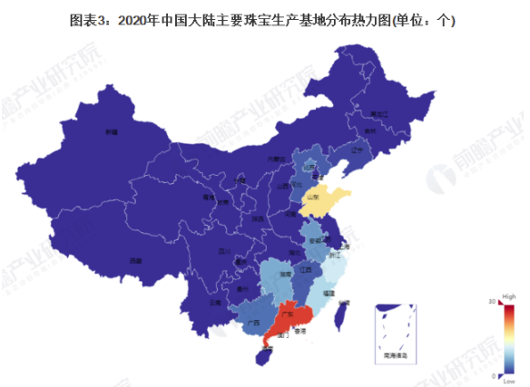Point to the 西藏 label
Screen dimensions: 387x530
pyautogui.click(x=135, y=260)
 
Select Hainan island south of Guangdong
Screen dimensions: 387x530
pyautogui.click(x=264, y=357)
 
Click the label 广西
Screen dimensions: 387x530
pyautogui.click(x=253, y=323)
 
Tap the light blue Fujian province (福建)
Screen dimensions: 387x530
pyautogui.click(x=327, y=292)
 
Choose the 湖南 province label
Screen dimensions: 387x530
pyautogui.click(x=285, y=273)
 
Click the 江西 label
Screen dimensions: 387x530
pyautogui.click(x=306, y=269)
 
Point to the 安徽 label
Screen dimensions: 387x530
pyautogui.click(x=316, y=241)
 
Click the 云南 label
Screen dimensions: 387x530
pyautogui.click(x=214, y=301)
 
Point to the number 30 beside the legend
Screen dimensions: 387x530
pyautogui.click(x=491, y=301)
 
